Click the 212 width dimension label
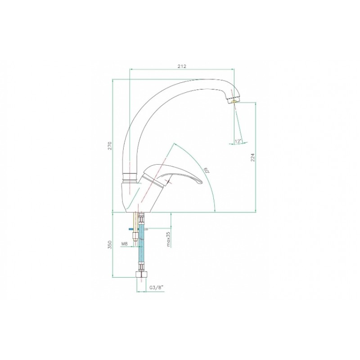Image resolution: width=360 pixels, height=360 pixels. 182,66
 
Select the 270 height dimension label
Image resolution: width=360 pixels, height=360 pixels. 110,145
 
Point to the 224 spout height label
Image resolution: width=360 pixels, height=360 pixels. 253,157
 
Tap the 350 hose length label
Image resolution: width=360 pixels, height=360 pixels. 110,245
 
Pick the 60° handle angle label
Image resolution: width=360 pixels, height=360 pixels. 207,170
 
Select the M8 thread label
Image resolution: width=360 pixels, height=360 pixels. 124,244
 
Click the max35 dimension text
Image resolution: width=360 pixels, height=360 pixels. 168,239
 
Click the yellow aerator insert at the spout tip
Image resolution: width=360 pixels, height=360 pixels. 234,101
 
